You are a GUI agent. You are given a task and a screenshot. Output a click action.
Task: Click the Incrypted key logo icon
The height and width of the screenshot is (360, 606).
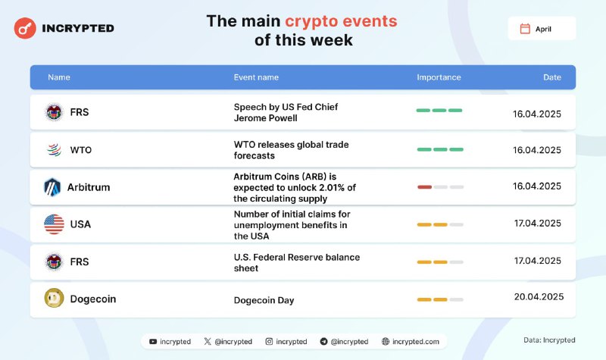25,28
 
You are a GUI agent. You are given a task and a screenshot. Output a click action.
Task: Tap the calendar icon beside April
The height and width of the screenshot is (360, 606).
525,29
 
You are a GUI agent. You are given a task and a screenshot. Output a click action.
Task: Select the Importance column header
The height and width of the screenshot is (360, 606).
439,77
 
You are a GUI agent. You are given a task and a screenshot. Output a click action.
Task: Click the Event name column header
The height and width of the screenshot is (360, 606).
256,77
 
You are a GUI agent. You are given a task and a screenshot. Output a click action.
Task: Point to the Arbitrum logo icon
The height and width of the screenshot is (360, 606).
52,187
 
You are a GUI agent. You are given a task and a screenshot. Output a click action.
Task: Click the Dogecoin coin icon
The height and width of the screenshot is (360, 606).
54,298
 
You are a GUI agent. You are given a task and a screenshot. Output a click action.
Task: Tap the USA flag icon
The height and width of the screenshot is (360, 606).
54,224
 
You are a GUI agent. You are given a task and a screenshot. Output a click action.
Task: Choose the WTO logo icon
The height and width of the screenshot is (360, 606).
54,149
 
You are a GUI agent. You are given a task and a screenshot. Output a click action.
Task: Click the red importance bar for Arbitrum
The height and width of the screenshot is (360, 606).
424,187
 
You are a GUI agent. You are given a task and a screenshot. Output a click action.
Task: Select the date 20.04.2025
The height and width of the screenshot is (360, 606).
539,296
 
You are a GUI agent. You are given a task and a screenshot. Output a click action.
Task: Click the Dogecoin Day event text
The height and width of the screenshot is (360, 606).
264,300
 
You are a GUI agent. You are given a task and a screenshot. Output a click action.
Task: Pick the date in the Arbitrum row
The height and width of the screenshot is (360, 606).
537,186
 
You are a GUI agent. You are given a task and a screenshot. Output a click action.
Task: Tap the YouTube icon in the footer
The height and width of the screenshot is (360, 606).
153,342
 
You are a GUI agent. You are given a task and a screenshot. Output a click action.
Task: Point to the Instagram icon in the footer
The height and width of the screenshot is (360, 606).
269,342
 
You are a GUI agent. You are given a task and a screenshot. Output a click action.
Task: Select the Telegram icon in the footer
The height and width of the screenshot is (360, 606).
324,342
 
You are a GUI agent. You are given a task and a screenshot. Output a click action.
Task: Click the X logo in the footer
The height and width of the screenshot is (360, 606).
208,342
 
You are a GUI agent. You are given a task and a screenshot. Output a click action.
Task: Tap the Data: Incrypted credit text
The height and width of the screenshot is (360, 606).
549,340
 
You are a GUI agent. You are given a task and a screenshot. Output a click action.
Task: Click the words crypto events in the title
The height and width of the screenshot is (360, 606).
341,21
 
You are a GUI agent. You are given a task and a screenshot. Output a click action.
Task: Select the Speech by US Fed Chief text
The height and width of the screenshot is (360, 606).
286,107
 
